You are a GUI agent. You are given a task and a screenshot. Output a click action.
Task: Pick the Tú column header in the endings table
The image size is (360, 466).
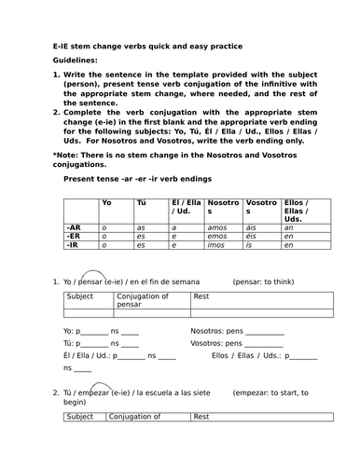141,202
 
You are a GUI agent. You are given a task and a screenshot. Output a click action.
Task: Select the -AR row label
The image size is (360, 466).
74,226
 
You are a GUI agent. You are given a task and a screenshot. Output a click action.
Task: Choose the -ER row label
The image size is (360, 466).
74,235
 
